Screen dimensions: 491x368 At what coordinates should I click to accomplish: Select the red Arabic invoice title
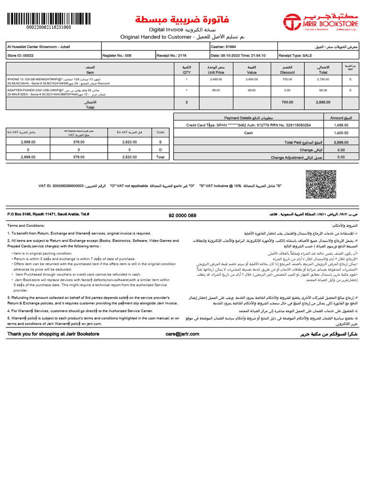182,20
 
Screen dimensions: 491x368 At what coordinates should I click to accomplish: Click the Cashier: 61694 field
224,47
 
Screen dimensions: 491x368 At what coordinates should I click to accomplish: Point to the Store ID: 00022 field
21,55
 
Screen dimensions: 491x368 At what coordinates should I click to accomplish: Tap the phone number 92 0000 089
182,216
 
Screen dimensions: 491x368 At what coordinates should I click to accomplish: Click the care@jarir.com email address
182,334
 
